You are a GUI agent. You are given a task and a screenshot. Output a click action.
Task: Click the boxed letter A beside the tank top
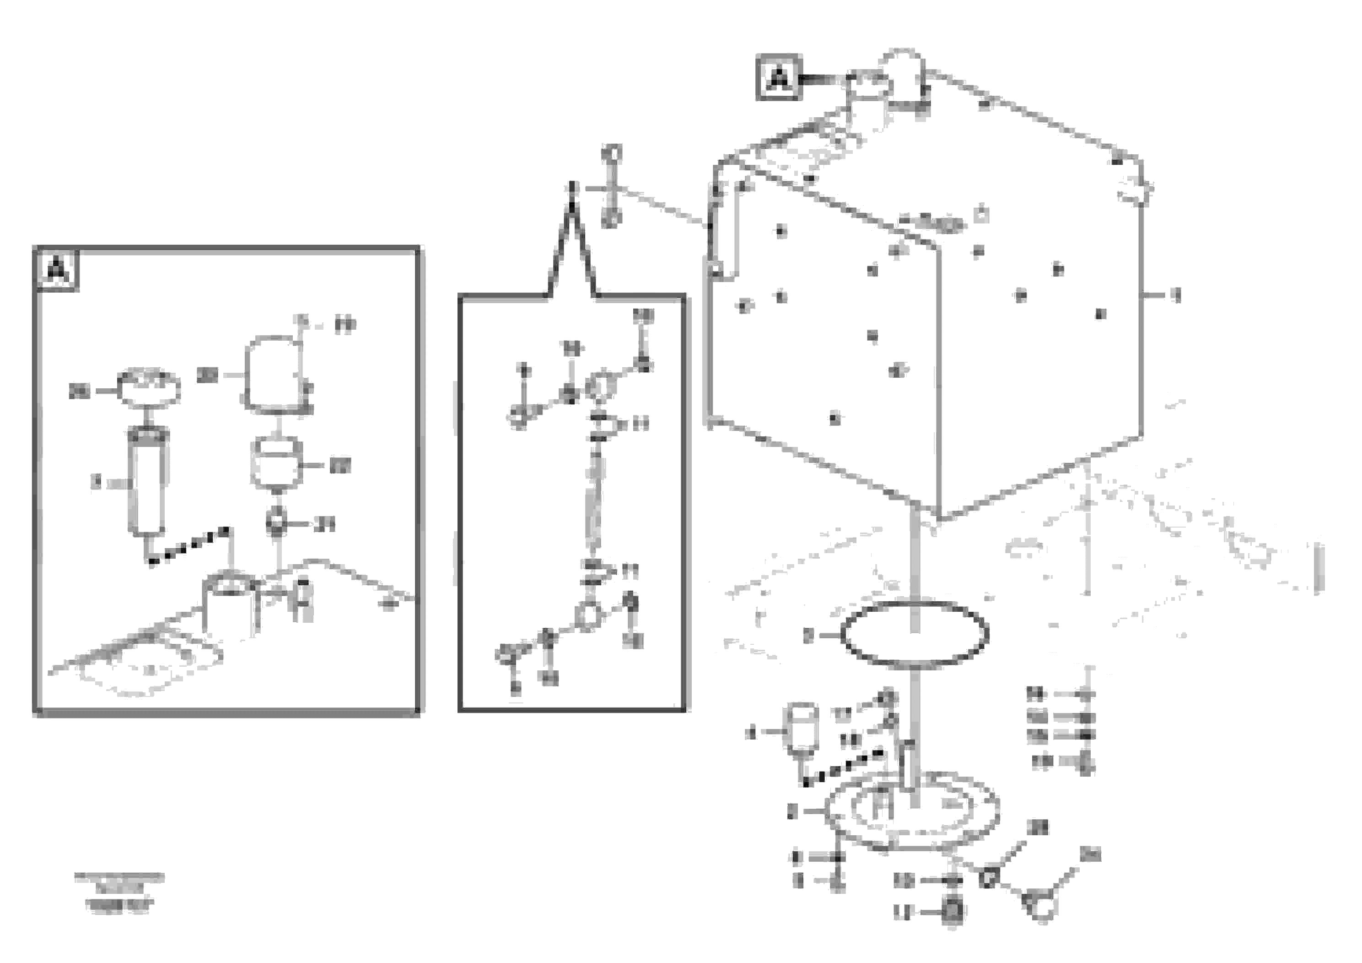pyautogui.click(x=778, y=78)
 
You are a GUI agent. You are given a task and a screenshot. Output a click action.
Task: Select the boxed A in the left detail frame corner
pyautogui.click(x=57, y=270)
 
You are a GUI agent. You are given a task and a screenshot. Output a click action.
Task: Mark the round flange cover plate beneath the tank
pyautogui.click(x=910, y=811)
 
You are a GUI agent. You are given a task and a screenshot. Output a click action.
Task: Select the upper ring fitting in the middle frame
pyautogui.click(x=600, y=386)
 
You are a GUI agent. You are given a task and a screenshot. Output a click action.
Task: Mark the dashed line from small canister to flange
pyautogui.click(x=842, y=768)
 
